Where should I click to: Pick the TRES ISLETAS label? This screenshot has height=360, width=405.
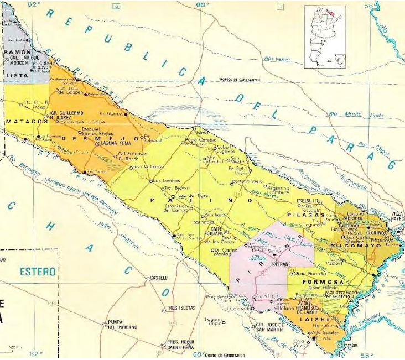(180, 307)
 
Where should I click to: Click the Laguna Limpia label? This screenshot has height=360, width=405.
(213, 322)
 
